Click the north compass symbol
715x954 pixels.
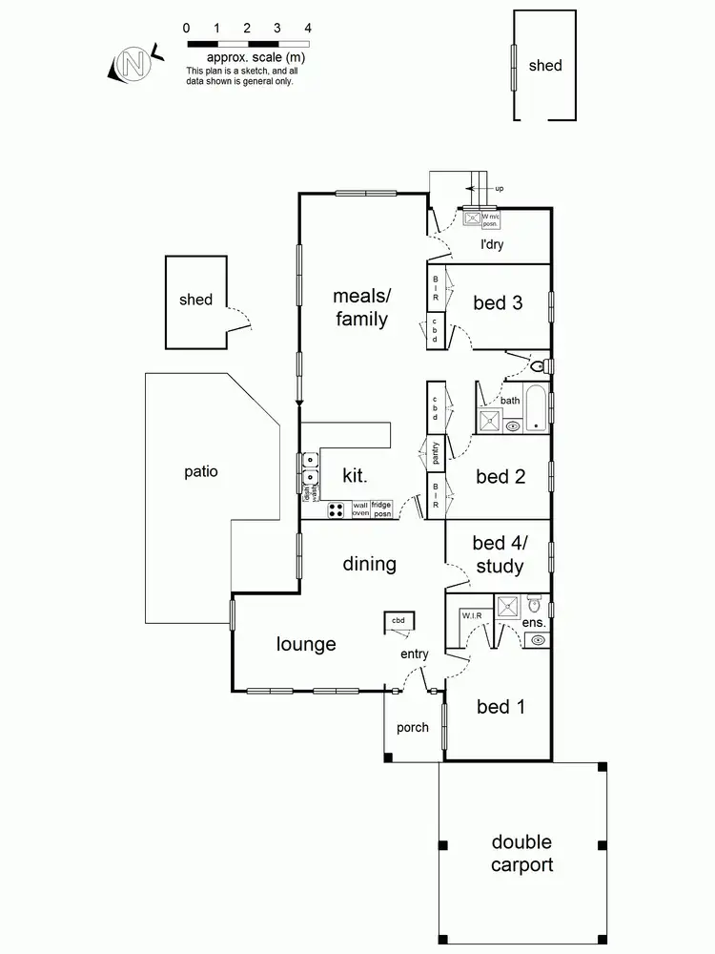click(x=132, y=64)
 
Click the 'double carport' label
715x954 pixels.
click(x=521, y=854)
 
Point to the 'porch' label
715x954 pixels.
click(x=413, y=727)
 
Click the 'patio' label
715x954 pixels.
click(x=201, y=470)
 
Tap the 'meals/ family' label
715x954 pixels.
click(x=361, y=307)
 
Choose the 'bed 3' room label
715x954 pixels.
click(x=498, y=303)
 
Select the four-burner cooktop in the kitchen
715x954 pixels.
click(x=337, y=509)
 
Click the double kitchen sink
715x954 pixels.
click(x=310, y=469)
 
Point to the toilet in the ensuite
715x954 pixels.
click(x=534, y=604)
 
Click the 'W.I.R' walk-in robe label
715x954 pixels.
click(x=472, y=615)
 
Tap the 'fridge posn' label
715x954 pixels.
click(x=381, y=509)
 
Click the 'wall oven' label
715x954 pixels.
click(x=360, y=509)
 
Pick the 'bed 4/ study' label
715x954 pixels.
click(x=499, y=555)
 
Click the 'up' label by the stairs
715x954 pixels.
click(x=500, y=189)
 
